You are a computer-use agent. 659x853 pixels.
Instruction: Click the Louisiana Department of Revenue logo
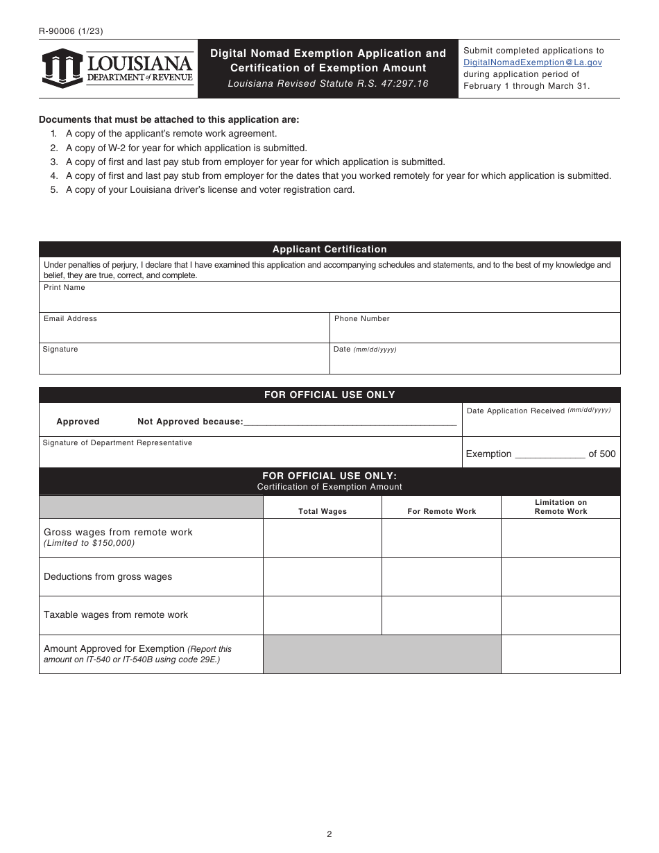click(x=117, y=68)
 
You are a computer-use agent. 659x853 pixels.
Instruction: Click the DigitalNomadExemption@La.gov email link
click(x=532, y=62)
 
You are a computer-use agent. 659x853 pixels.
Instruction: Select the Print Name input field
click(x=329, y=300)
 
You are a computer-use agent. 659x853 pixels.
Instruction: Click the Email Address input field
click(x=184, y=331)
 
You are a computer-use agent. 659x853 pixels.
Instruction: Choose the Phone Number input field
click(x=474, y=331)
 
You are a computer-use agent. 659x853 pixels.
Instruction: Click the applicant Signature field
click(x=184, y=361)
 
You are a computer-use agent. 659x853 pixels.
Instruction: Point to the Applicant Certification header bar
click(x=329, y=250)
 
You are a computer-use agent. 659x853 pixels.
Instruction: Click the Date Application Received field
click(x=541, y=424)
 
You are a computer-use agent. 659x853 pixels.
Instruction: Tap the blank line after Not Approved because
click(x=350, y=421)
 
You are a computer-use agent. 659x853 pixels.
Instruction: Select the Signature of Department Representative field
click(x=250, y=455)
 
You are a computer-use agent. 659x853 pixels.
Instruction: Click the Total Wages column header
click(x=323, y=511)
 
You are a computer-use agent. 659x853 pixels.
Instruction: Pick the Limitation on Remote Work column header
click(x=560, y=507)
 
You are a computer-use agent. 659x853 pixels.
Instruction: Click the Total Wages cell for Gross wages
click(x=323, y=537)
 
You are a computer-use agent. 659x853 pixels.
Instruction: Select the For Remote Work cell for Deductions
click(x=441, y=576)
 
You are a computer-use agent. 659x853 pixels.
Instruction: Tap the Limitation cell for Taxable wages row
click(x=560, y=615)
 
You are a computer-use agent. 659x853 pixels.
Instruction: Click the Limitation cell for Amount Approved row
click(x=560, y=654)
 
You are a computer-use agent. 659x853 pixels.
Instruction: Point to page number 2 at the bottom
click(x=329, y=834)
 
